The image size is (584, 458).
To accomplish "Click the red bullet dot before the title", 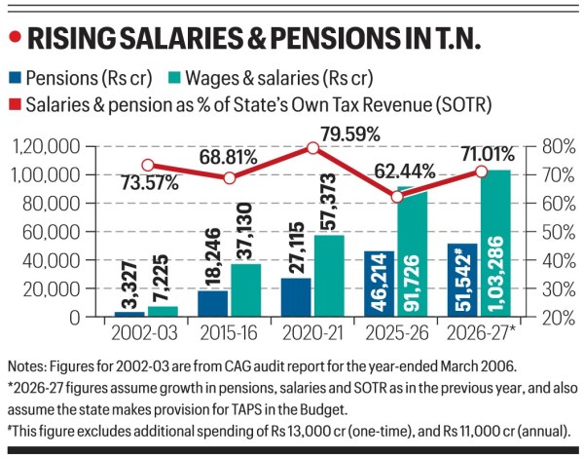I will tap(14, 38).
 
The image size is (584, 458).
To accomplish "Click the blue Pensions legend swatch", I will tap(16, 78).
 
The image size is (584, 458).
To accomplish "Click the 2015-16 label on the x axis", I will tap(227, 333).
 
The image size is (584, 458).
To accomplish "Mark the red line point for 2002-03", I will tap(148, 166).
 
